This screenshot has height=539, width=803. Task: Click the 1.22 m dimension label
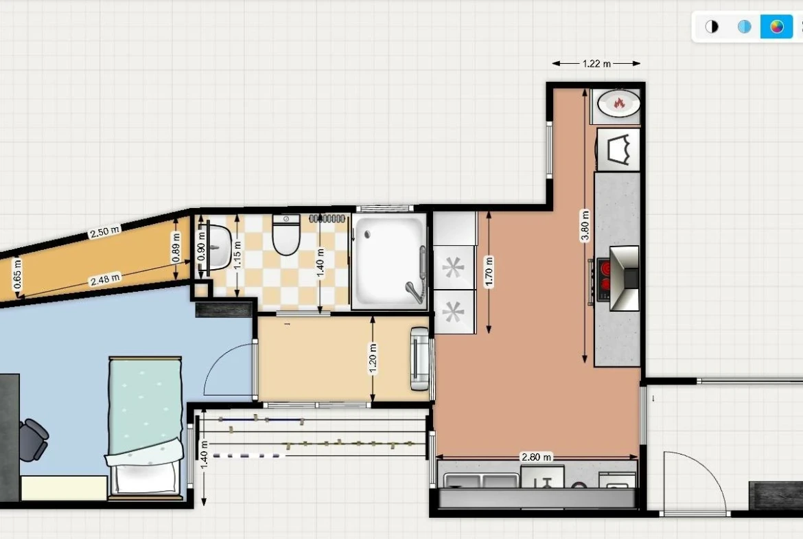pos(596,64)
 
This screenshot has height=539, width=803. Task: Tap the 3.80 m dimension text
pos(585,225)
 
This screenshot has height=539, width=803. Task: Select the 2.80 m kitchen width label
pos(536,457)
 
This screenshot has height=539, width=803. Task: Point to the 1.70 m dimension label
pos(489,271)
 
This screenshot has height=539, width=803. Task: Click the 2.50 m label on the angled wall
pos(104,232)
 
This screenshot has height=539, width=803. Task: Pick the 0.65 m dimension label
pos(17,274)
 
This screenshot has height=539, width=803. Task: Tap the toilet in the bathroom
pos(286,235)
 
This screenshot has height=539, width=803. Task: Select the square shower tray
pos(388,262)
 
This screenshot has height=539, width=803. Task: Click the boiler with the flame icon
pos(618,104)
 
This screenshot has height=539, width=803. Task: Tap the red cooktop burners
pos(604,277)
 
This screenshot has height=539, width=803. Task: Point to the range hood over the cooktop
pos(625,278)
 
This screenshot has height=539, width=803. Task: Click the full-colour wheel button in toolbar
pos(776,27)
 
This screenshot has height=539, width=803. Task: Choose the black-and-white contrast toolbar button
pos(712,27)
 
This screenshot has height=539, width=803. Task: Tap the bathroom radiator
pos(327,218)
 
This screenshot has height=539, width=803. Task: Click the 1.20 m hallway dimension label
pos(373,358)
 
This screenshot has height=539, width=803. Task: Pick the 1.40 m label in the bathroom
pos(321,263)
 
